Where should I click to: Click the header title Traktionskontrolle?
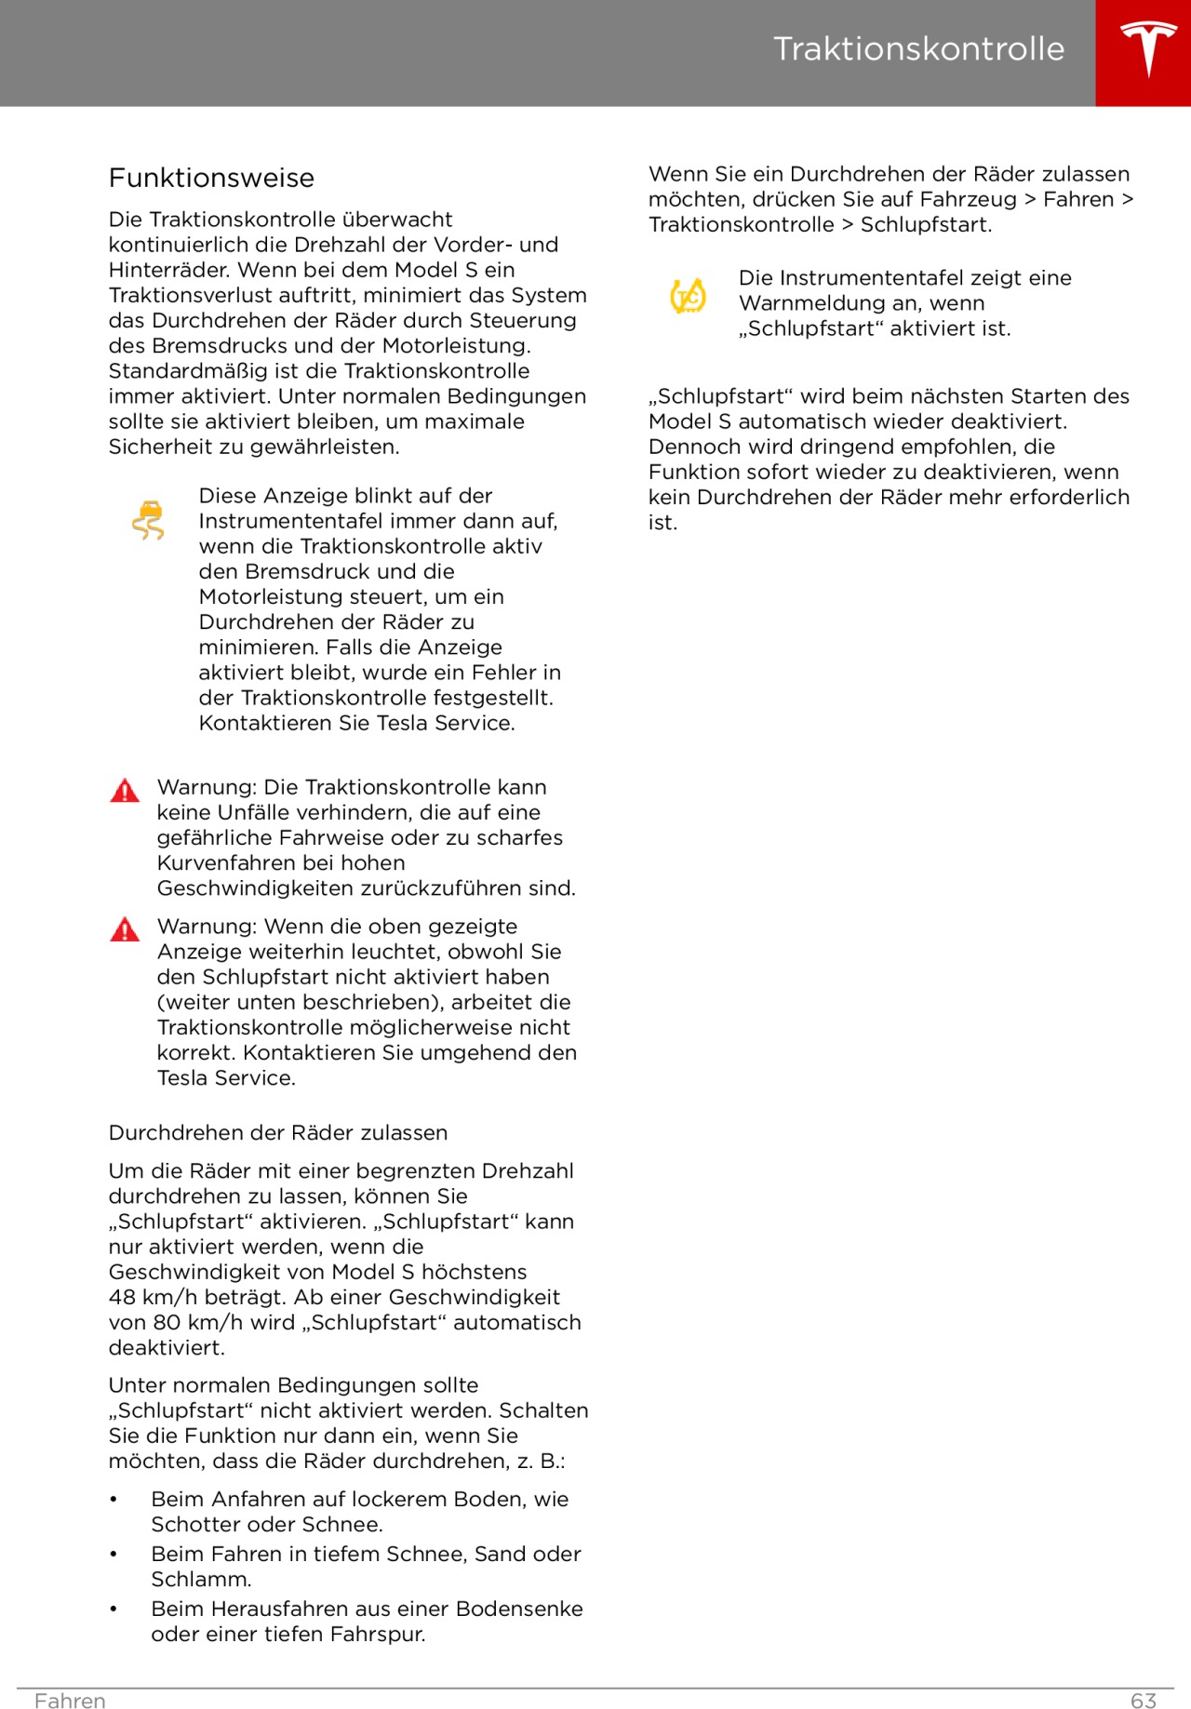pyautogui.click(x=918, y=49)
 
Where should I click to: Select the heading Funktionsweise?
pyautogui.click(x=211, y=178)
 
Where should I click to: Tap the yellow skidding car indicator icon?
pyautogui.click(x=148, y=520)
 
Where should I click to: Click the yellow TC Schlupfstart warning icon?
pyautogui.click(x=689, y=296)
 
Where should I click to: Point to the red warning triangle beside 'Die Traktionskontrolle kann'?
pyautogui.click(x=125, y=791)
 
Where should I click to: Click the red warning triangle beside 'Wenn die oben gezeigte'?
pyautogui.click(x=125, y=929)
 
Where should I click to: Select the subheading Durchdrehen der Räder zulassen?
pyautogui.click(x=278, y=1132)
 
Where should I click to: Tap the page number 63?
pyautogui.click(x=1144, y=1701)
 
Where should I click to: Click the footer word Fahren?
pyautogui.click(x=70, y=1701)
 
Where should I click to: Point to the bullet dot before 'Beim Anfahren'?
pyautogui.click(x=114, y=1500)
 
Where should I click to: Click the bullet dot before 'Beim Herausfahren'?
pyautogui.click(x=114, y=1609)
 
